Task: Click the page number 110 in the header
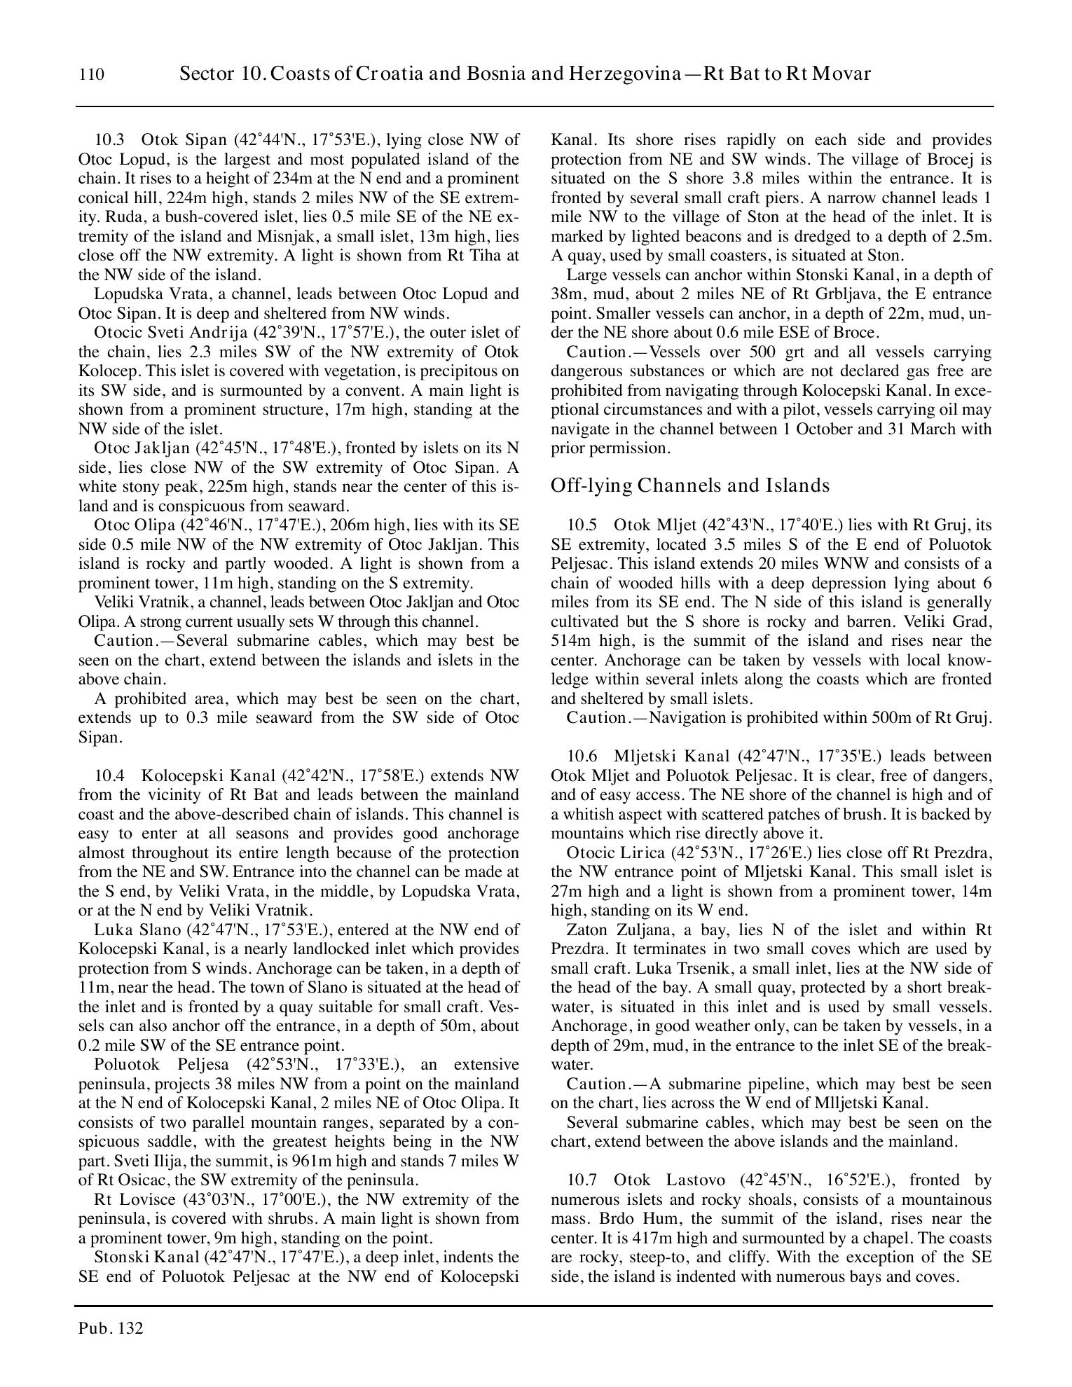coord(92,75)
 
